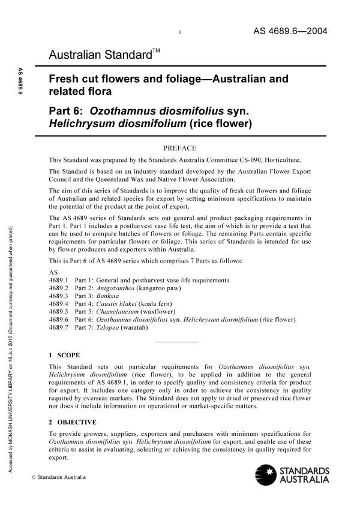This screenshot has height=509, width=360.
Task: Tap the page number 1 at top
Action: point(181,32)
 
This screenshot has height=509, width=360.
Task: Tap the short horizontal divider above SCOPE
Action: point(176,342)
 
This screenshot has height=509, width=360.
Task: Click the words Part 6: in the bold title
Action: point(67,110)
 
